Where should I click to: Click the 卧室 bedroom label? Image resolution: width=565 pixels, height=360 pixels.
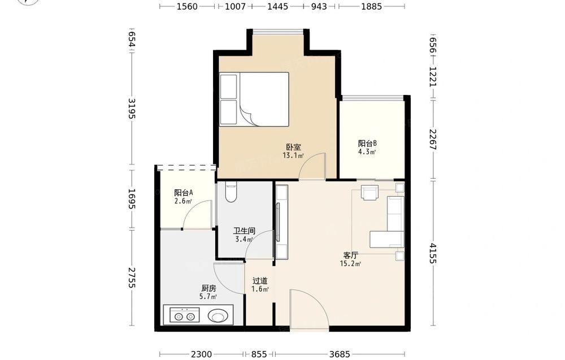coord(294,147)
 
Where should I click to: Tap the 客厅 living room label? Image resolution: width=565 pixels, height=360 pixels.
coord(350,255)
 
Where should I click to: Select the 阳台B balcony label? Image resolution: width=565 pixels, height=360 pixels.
coord(368,144)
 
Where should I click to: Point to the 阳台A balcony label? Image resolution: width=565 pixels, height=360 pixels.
coord(184,193)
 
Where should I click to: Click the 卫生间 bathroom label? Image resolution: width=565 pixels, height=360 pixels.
coord(244,231)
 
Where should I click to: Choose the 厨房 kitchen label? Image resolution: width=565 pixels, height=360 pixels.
coord(208,288)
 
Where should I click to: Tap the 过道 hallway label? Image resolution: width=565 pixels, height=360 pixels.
coord(260,281)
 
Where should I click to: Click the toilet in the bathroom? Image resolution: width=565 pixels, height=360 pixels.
coord(231,192)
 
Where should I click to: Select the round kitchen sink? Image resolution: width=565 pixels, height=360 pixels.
coord(218,316)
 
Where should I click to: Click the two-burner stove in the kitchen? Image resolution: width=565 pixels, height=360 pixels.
coord(184,315)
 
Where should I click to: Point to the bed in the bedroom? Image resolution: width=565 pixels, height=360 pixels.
coord(254,99)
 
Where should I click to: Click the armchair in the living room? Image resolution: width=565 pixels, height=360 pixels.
coord(370,192)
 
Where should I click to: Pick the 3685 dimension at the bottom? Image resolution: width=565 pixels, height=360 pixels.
coord(340,354)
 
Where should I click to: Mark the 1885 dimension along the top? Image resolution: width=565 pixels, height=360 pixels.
coord(372,6)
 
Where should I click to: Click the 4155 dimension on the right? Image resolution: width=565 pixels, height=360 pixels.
coord(433,254)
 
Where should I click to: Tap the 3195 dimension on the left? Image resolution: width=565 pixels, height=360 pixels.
coord(132,109)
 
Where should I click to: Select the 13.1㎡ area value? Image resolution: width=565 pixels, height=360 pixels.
coord(293,155)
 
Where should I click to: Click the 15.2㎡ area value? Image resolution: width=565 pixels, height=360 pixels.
coord(350,264)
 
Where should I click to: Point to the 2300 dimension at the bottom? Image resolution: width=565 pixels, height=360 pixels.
coord(202,354)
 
